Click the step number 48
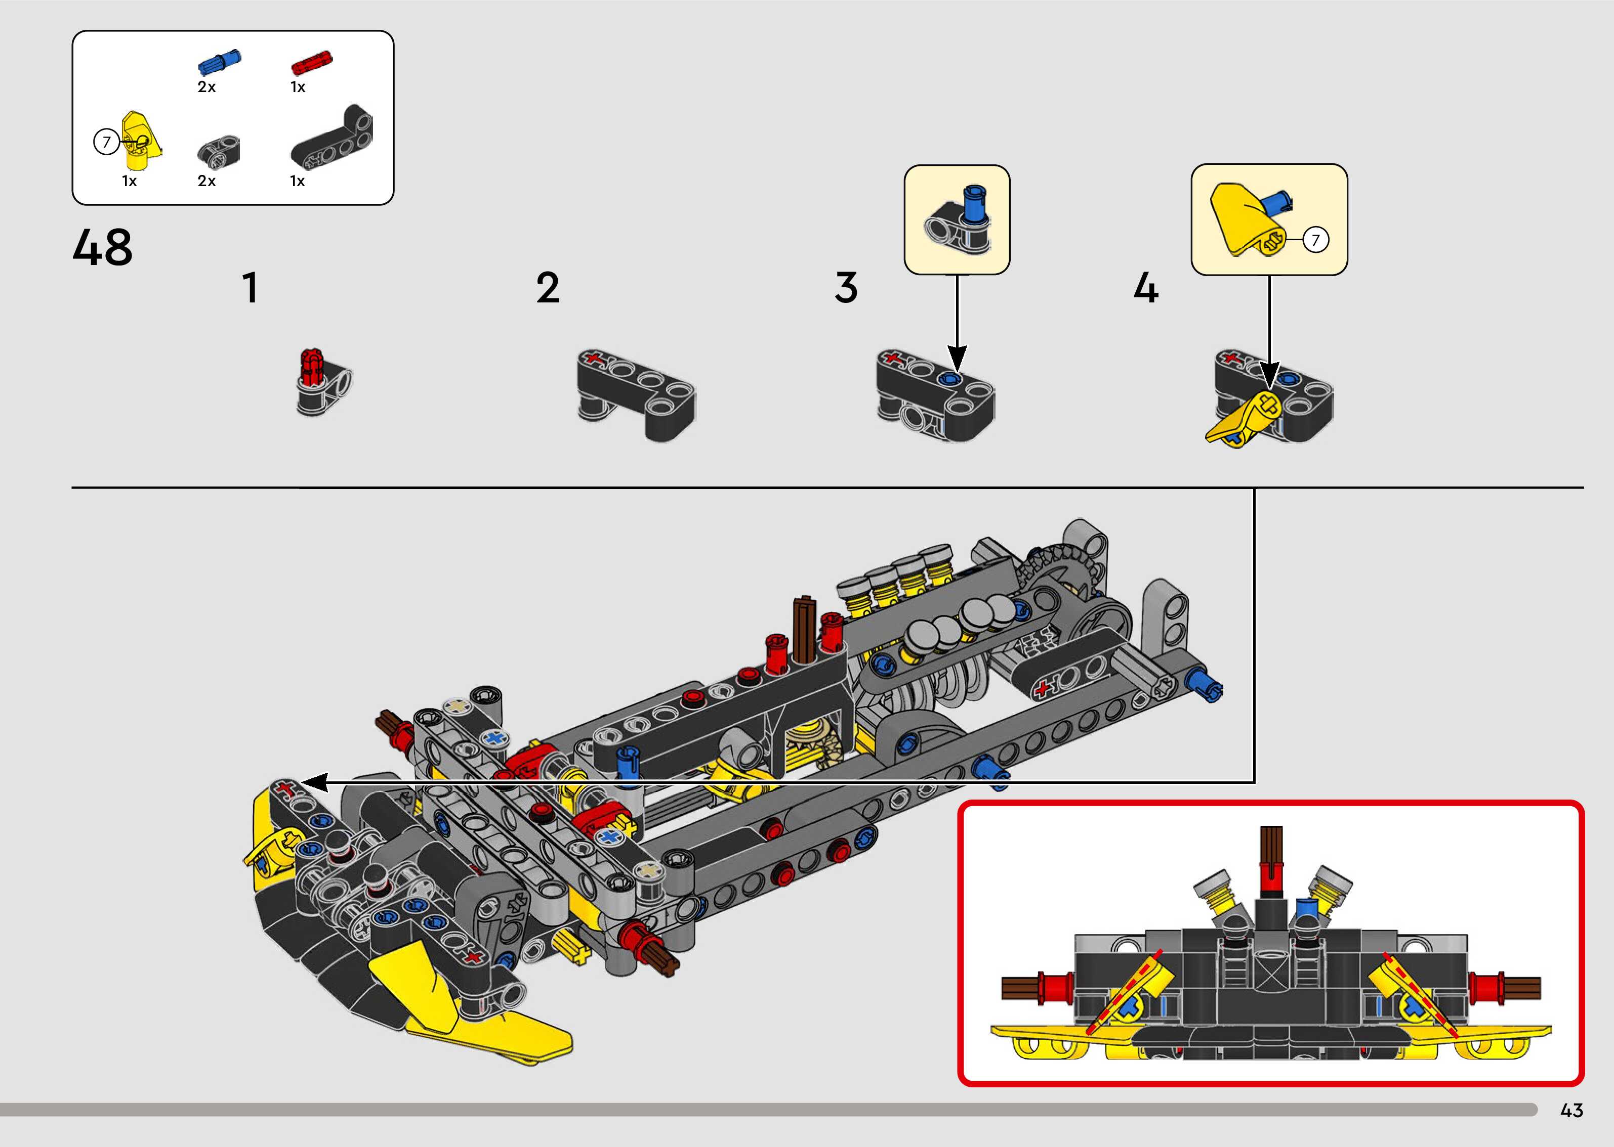102,247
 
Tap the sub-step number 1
250,288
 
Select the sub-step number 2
548,288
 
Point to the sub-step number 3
846,288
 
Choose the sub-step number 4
1145,288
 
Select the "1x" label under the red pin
298,87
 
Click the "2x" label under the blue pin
206,87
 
